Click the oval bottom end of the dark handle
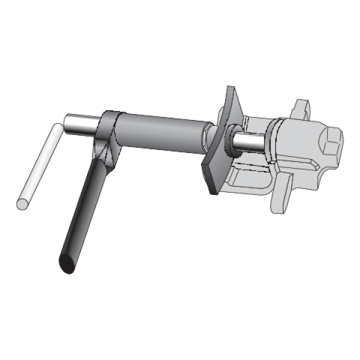point(66,265)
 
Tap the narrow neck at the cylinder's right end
point(206,131)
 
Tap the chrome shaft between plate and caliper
point(252,142)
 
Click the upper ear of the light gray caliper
point(303,109)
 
